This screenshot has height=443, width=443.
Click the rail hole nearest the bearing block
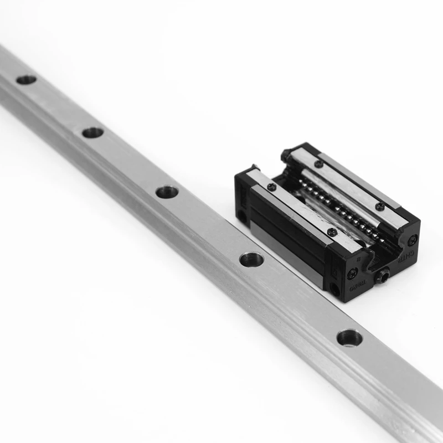pos(251,258)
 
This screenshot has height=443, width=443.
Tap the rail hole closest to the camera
pos(349,337)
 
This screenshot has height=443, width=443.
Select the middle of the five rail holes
pos(167,192)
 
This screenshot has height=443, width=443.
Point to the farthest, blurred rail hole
pos(26,80)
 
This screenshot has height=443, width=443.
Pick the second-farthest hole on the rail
pos(92,132)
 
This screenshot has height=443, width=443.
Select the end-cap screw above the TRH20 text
pos(353,273)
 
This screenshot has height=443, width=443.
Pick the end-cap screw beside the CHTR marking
pos(412,240)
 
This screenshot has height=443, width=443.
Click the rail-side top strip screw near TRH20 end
pos(332,233)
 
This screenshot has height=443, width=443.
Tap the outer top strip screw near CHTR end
pos(379,206)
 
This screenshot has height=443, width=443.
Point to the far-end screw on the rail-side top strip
pos(271,187)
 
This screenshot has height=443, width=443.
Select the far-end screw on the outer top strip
pos(319,163)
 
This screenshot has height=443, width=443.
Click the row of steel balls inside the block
pos(332,205)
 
